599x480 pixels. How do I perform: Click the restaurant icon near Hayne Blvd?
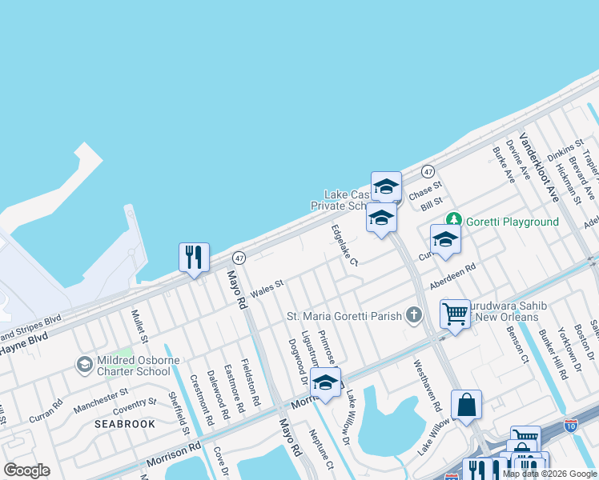tap(194, 257)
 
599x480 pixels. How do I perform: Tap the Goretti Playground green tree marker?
tap(454, 218)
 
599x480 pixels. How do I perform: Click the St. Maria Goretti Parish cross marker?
tap(413, 314)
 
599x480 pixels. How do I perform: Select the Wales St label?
tap(267, 286)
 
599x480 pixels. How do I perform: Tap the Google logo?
tap(26, 470)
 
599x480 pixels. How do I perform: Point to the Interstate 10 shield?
tap(571, 426)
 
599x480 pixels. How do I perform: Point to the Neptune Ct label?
tap(320, 449)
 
